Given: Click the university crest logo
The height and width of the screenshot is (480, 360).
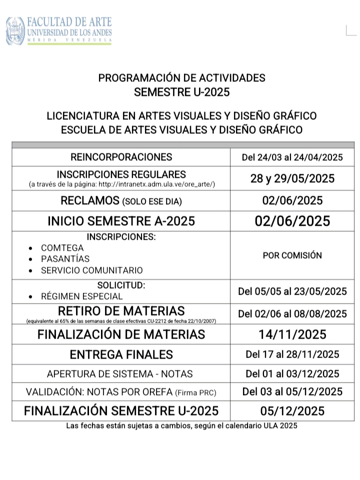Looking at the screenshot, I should tap(15, 30).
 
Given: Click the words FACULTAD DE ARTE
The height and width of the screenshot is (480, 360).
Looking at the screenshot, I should tap(69, 22).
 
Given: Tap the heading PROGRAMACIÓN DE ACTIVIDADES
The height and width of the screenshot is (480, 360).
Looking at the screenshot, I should tap(181, 78).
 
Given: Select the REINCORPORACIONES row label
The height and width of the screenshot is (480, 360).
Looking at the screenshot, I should tap(121, 157).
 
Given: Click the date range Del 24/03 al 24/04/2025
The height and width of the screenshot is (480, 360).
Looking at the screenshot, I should tap(292, 158).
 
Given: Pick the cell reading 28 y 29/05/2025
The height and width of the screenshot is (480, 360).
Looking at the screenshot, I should tap(292, 179).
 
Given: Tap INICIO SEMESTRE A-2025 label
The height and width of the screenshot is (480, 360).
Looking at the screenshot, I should tap(121, 221).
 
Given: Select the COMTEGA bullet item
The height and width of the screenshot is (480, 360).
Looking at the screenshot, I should tap(62, 248).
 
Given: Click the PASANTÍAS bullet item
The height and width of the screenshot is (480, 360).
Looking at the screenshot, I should tap(65, 259).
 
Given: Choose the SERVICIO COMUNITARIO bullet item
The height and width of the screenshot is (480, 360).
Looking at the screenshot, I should tap(91, 270).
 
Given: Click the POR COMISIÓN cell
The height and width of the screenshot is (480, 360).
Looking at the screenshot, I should tap(292, 255).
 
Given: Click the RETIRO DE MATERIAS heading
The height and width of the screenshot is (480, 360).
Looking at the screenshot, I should tap(121, 311).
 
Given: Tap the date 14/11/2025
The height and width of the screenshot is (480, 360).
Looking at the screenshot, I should tap(292, 334).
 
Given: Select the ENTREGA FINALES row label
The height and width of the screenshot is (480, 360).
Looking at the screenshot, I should tap(121, 355).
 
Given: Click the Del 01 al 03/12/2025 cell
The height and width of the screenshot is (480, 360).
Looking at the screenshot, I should tap(292, 374).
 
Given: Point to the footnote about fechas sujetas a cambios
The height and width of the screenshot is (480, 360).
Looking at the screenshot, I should tap(181, 426).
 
